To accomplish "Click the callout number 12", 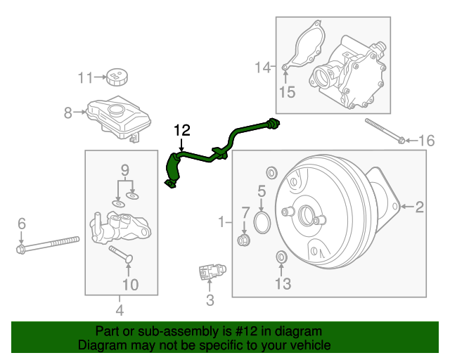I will point(181,130).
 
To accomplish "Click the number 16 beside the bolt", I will point(427,141).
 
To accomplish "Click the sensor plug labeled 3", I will point(210,270).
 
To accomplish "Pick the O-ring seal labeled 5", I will point(262,223).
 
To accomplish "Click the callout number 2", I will point(419,207).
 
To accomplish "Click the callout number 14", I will point(262,67).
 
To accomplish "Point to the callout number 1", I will point(221,222).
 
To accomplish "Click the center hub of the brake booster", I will point(308,214).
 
